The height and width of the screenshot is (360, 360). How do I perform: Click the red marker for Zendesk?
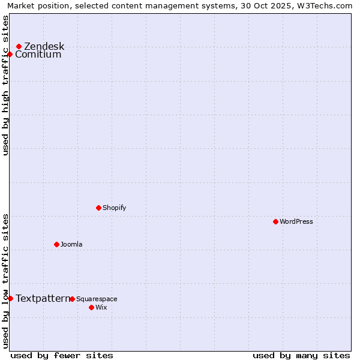tap(19, 46)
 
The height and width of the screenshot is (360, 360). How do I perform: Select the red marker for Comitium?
tap(10, 55)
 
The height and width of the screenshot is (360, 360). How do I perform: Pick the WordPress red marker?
tap(276, 221)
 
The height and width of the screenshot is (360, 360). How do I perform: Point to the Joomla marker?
tap(57, 244)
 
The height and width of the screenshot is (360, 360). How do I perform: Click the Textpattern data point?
tap(10, 298)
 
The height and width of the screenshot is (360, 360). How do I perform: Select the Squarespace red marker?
tap(73, 299)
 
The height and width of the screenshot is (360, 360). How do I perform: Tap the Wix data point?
tap(92, 307)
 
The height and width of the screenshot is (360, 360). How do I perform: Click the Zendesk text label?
tap(44, 46)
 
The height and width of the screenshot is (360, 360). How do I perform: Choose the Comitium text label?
tap(38, 55)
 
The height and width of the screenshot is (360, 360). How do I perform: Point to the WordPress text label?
tap(296, 221)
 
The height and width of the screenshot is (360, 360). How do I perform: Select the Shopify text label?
tap(114, 208)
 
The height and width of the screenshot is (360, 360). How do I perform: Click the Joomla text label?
tap(71, 244)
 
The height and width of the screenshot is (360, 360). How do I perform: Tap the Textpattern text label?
tap(43, 298)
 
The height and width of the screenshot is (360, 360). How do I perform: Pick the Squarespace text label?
tap(97, 299)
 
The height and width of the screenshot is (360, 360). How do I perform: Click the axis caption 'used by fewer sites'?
tap(62, 355)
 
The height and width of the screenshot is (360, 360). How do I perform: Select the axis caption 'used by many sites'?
tap(301, 355)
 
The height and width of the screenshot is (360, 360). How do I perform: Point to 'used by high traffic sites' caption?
tap(5, 85)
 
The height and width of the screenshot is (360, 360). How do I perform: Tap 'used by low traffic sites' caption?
tap(5, 280)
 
